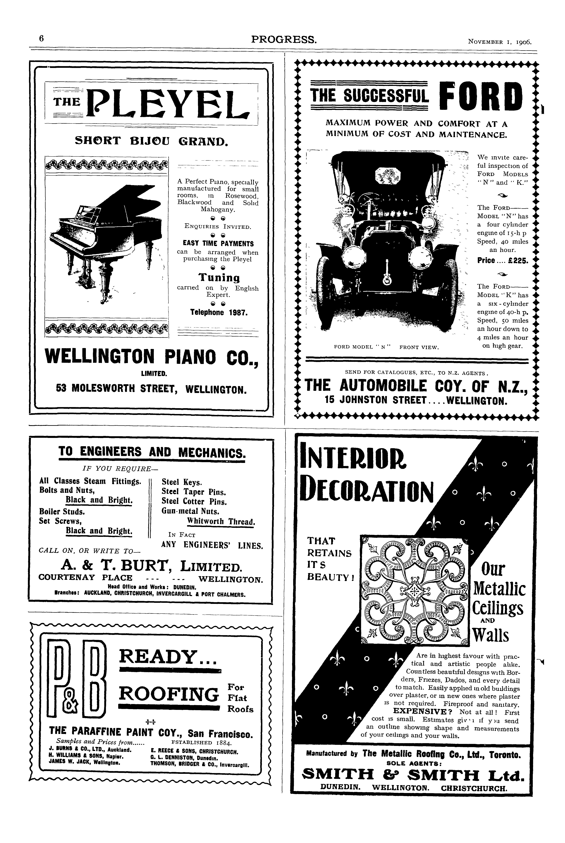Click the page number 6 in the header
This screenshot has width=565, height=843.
pos(41,38)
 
